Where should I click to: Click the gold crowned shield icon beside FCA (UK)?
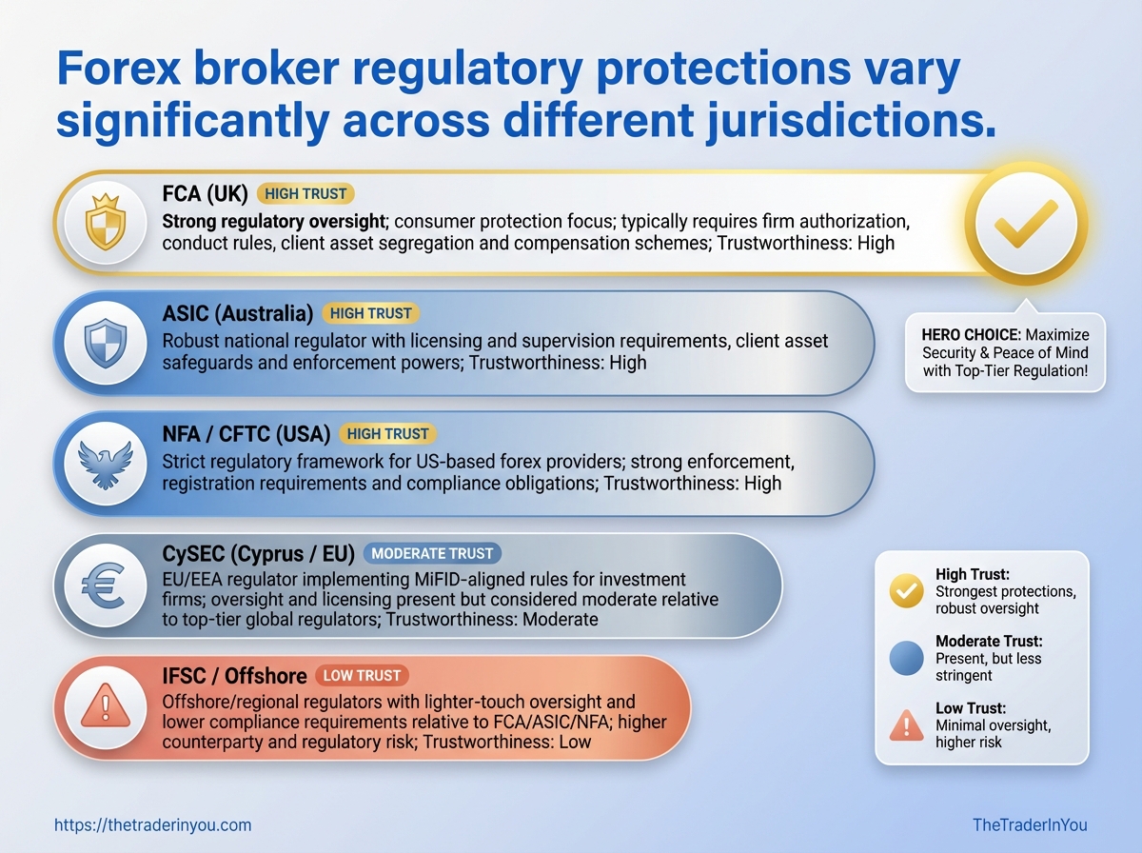pyautogui.click(x=106, y=222)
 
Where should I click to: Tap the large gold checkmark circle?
pyautogui.click(x=1026, y=224)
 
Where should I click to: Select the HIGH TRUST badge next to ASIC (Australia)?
pyautogui.click(x=370, y=313)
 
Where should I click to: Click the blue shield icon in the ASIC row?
pyautogui.click(x=106, y=343)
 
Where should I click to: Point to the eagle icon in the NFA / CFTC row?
pyautogui.click(x=106, y=465)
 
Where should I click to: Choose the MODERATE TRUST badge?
pyautogui.click(x=432, y=553)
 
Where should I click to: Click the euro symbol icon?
pyautogui.click(x=104, y=586)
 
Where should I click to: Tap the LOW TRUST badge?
pyautogui.click(x=363, y=676)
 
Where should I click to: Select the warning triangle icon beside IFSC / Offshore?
pyautogui.click(x=106, y=705)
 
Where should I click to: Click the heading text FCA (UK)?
pyautogui.click(x=205, y=193)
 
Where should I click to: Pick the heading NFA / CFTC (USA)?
pyautogui.click(x=246, y=434)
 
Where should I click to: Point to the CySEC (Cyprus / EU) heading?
pyautogui.click(x=258, y=554)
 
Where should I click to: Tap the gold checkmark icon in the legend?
pyautogui.click(x=906, y=590)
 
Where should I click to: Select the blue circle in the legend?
pyautogui.click(x=906, y=658)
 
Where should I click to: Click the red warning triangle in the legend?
pyautogui.click(x=906, y=725)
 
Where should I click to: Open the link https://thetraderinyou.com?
pyautogui.click(x=153, y=825)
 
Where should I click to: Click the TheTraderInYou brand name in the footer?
pyautogui.click(x=1030, y=824)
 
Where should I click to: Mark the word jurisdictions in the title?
pyautogui.click(x=850, y=121)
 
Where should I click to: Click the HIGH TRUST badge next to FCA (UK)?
pyautogui.click(x=305, y=193)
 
